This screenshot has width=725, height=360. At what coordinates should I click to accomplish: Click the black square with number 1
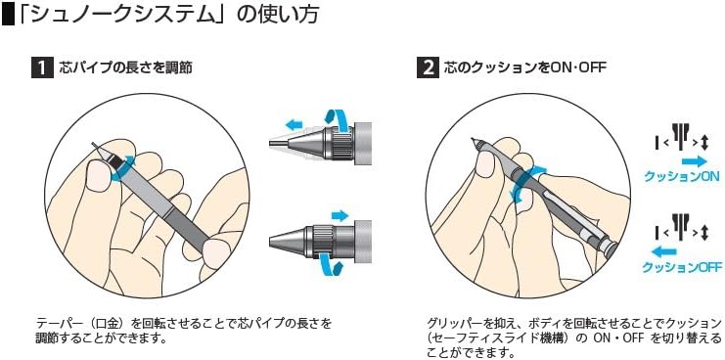click(x=42, y=67)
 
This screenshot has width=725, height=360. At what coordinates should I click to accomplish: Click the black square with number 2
click(x=428, y=67)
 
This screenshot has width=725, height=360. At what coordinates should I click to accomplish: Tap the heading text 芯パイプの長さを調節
click(x=126, y=67)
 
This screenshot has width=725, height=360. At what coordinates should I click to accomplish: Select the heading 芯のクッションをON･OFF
click(x=524, y=67)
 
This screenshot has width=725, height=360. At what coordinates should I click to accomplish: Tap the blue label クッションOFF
click(x=682, y=267)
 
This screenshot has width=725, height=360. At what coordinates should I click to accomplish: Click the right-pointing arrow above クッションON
click(x=694, y=161)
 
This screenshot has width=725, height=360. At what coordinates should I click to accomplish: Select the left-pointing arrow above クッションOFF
click(x=663, y=252)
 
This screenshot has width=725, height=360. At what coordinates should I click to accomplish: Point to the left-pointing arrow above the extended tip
click(x=294, y=124)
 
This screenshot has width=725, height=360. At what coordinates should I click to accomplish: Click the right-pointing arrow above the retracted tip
click(x=340, y=215)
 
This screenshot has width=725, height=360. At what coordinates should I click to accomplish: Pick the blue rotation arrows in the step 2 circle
click(x=526, y=186)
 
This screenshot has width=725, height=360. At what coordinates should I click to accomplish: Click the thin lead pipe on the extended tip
click(x=276, y=143)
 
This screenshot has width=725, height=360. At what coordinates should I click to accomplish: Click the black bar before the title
click(x=9, y=16)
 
